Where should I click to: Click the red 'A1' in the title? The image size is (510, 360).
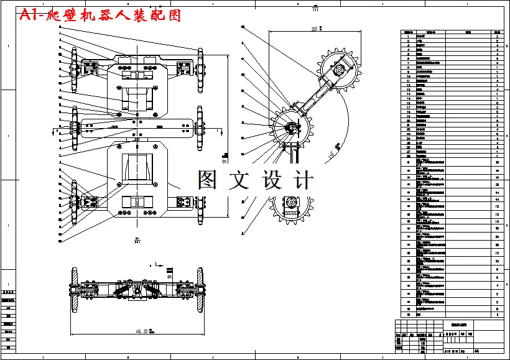click(29, 16)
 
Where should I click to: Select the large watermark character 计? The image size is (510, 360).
click(302, 180)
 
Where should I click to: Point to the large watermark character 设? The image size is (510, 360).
click(271, 180)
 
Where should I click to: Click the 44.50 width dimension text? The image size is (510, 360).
click(137, 332)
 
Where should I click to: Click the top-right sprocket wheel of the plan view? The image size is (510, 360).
click(200, 70)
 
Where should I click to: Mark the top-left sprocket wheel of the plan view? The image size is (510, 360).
click(73, 70)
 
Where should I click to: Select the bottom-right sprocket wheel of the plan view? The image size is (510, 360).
click(200, 201)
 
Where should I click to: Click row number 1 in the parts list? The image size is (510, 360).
click(408, 37)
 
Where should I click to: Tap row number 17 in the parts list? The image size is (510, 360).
click(408, 107)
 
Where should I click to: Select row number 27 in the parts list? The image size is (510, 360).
click(408, 151)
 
